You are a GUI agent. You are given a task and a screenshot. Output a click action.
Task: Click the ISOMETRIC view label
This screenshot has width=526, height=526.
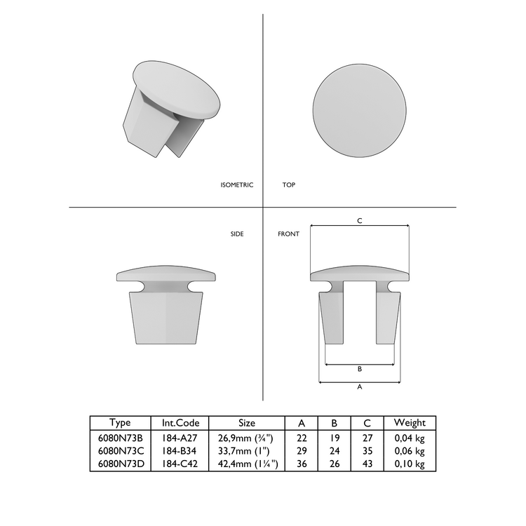point(236,185)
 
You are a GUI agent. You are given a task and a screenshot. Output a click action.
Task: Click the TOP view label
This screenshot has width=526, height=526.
point(288,185)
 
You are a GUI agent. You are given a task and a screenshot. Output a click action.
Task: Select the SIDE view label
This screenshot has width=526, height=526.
point(237,234)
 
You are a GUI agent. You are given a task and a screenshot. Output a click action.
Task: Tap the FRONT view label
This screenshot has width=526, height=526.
point(288,234)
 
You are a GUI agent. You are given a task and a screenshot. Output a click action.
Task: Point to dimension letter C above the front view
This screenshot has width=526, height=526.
point(359,221)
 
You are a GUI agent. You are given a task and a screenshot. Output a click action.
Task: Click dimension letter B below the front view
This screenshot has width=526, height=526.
point(359,369)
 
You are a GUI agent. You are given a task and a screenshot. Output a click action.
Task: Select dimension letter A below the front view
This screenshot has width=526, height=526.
point(359,386)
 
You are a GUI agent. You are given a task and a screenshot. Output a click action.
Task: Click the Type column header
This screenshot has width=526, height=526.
point(121,423)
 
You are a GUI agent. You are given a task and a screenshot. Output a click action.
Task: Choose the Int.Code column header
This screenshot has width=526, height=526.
point(181,423)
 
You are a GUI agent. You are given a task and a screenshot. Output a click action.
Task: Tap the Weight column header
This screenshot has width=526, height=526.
point(410,423)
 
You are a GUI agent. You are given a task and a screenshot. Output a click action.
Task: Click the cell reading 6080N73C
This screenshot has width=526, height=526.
point(121,450)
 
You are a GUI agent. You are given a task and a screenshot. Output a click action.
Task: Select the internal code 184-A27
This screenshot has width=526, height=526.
point(181,437)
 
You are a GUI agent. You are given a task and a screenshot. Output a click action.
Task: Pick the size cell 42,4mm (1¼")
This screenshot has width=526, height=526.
point(247,464)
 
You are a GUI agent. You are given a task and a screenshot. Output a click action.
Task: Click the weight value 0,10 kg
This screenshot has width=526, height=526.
point(410,464)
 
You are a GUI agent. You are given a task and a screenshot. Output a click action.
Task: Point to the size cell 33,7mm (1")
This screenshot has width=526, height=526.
point(247,450)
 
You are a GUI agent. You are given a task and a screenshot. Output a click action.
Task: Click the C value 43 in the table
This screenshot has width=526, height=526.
point(368,464)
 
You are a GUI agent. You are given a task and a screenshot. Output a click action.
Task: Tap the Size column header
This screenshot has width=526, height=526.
point(247,423)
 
